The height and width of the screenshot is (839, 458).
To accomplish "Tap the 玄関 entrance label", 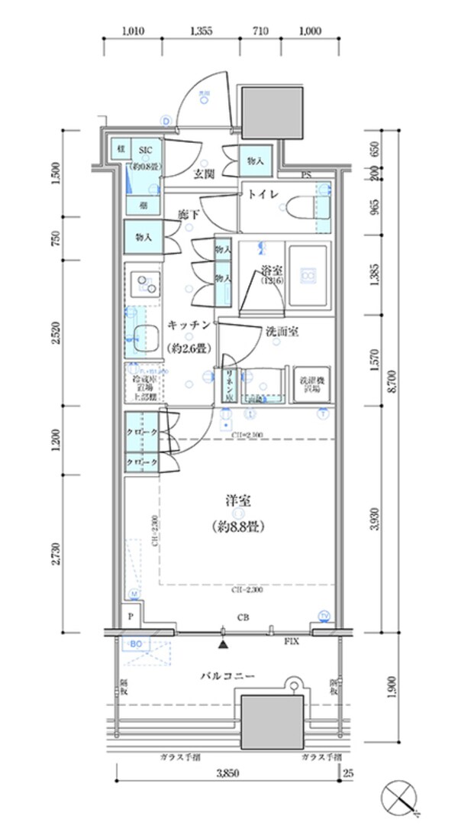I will point(203,174).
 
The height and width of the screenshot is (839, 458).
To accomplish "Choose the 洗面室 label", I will point(282,332).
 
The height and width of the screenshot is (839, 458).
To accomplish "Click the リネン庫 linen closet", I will point(228,384).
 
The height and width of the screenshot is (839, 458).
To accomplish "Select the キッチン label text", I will point(189,325).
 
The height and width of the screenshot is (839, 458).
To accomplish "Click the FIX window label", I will point(291,643).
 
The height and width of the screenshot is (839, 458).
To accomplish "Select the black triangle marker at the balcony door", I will point(222,646).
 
